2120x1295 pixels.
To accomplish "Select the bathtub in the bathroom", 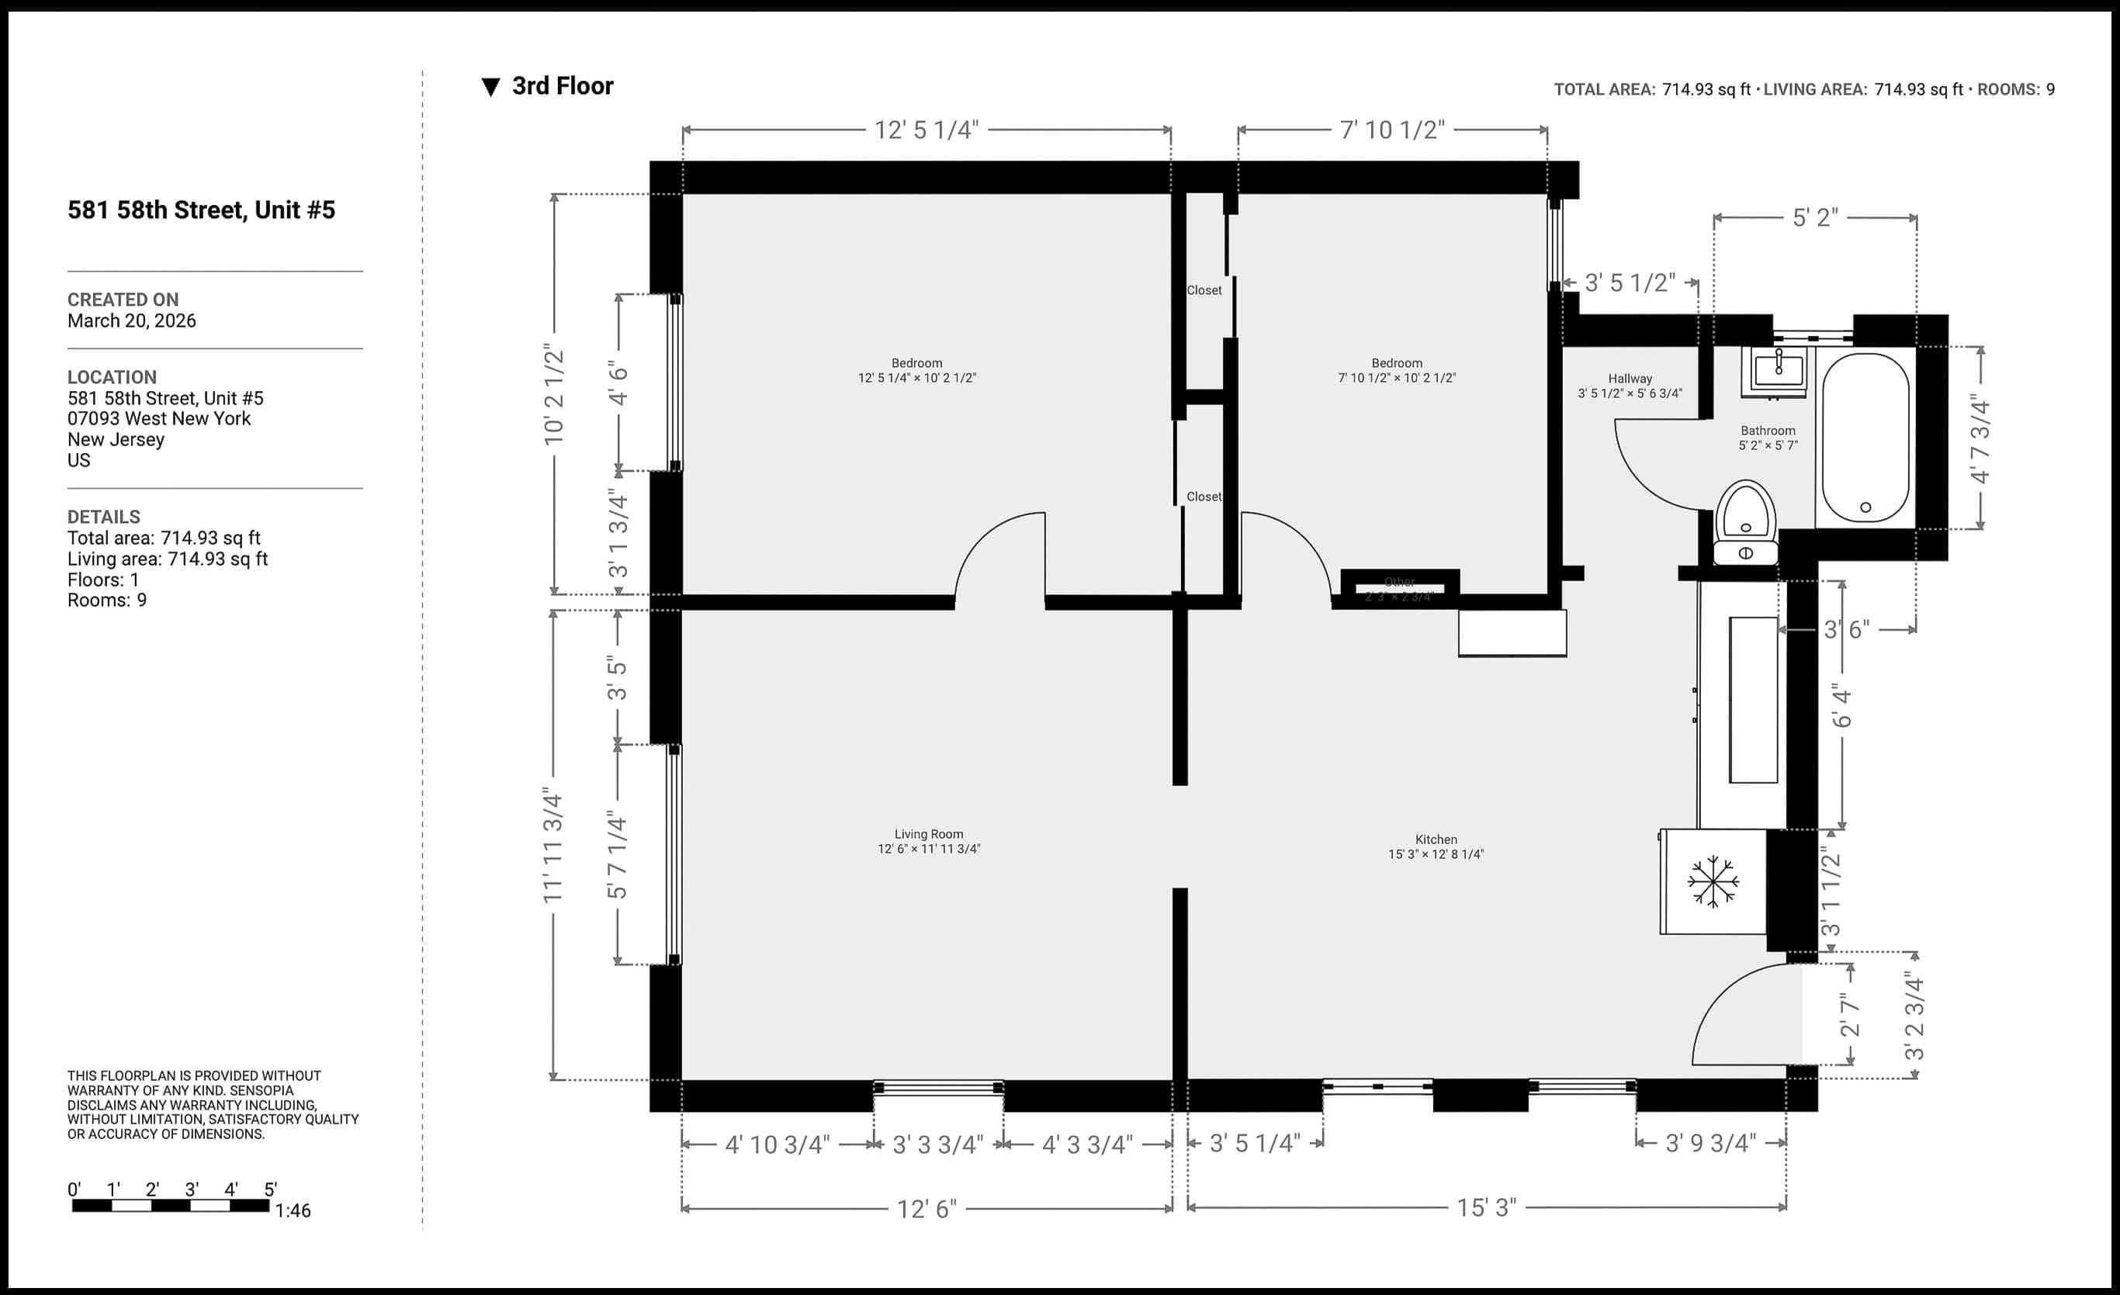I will coord(1865,437).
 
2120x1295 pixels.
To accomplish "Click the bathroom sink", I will coord(1779,371).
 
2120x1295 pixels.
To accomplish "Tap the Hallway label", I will coord(1630,379).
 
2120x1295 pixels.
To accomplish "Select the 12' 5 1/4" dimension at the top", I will coord(927,130).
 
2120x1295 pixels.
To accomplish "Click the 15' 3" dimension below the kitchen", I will coord(1486,1207).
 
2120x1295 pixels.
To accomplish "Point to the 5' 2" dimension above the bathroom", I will coord(1814,218).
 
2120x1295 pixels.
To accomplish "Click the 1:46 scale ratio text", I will coord(293,1210).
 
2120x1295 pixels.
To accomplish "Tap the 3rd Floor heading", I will coord(562,86).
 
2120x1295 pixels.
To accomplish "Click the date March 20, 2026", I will coord(132,321).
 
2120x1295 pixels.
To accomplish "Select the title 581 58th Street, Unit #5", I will coord(201,210).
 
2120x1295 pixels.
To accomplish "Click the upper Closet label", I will coord(1204,291).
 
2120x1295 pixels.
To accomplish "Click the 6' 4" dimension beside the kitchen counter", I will coord(1841,705).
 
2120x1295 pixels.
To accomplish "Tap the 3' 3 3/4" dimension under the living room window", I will coord(937,1144).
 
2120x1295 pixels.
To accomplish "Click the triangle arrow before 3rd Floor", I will coord(490,87).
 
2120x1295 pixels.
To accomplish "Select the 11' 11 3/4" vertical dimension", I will coord(553,844).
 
